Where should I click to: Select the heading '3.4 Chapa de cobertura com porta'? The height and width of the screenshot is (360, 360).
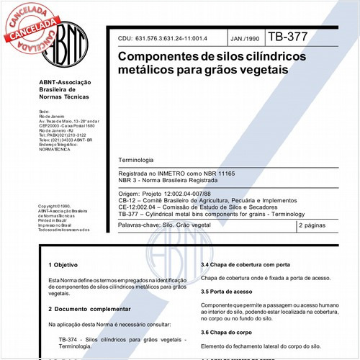(245, 265)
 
